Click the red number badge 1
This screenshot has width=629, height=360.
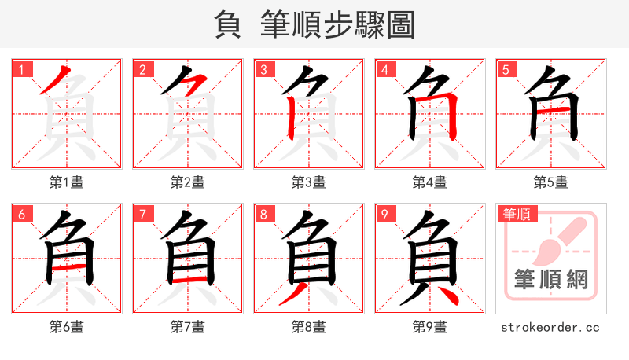coord(21,69)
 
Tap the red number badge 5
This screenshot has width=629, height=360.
coord(506,69)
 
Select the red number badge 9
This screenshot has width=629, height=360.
coord(384,214)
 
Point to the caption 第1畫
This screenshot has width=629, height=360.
coord(67,182)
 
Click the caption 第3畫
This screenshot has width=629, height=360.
coord(309,182)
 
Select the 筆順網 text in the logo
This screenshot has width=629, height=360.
coord(551,279)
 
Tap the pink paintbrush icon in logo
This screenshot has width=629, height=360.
coord(557,240)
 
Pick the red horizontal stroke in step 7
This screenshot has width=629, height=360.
coord(188,280)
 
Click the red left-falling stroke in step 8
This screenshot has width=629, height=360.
coord(295,296)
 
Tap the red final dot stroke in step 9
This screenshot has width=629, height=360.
coord(446,297)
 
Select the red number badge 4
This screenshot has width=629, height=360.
coord(384,69)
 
